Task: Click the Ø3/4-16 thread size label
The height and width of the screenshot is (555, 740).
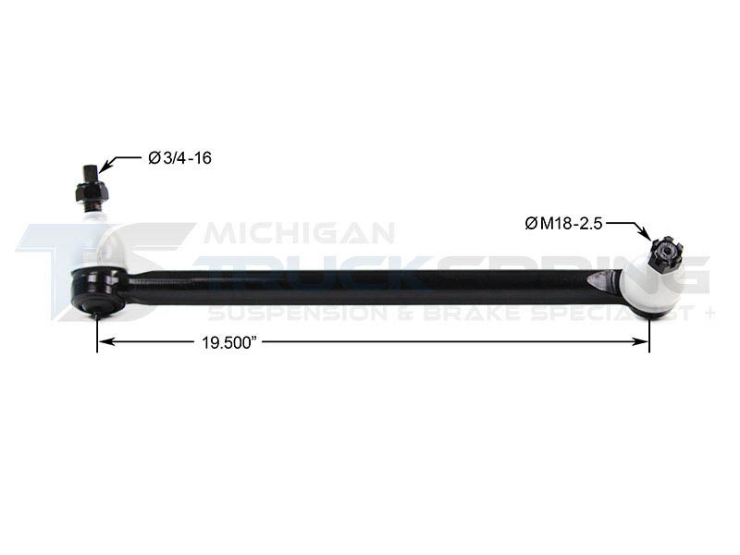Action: [180, 158]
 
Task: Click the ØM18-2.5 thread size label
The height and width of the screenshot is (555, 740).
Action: [564, 222]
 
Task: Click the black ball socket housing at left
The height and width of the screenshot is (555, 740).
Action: [98, 289]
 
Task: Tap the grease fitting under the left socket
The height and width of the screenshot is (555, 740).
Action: [97, 315]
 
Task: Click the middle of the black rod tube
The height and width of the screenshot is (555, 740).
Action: [370, 281]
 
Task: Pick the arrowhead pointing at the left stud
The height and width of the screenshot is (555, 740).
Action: [106, 167]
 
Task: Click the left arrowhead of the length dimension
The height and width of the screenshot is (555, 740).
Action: [105, 341]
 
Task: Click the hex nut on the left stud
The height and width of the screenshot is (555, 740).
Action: [91, 192]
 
